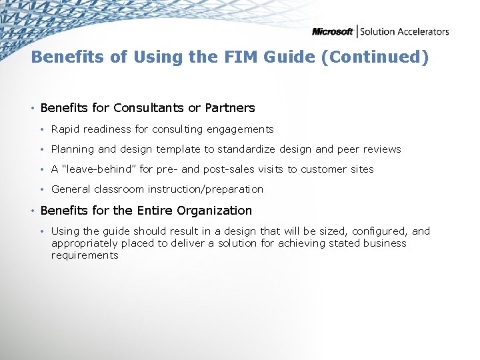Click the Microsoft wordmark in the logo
[333, 31]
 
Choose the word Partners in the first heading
[230, 107]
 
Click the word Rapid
[65, 129]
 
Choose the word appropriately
[84, 243]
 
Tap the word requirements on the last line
[85, 255]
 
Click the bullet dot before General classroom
[42, 189]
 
